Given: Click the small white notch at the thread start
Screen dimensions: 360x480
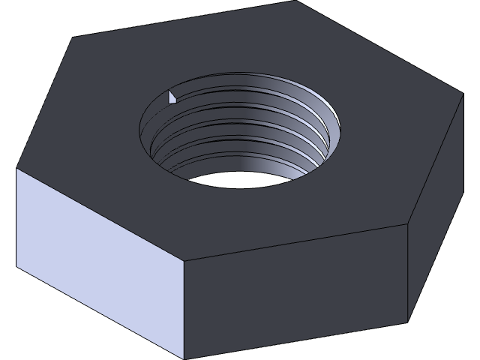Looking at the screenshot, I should [x=172, y=97].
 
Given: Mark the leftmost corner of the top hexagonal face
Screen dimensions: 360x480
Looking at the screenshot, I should [x=16, y=168].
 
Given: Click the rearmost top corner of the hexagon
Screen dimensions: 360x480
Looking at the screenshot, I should [x=295, y=1].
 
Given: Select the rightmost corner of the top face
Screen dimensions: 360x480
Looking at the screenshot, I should [x=463, y=95].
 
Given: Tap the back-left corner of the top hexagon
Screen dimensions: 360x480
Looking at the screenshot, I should [x=73, y=37].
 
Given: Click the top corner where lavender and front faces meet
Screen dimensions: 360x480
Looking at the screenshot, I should [x=184, y=262].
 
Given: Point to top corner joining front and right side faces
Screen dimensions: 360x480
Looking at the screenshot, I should [x=407, y=223].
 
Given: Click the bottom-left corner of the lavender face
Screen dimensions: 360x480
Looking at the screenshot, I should [x=16, y=266].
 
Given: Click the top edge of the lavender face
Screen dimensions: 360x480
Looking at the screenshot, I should [x=100, y=215].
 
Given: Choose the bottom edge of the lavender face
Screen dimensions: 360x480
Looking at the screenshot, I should [x=100, y=313].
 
